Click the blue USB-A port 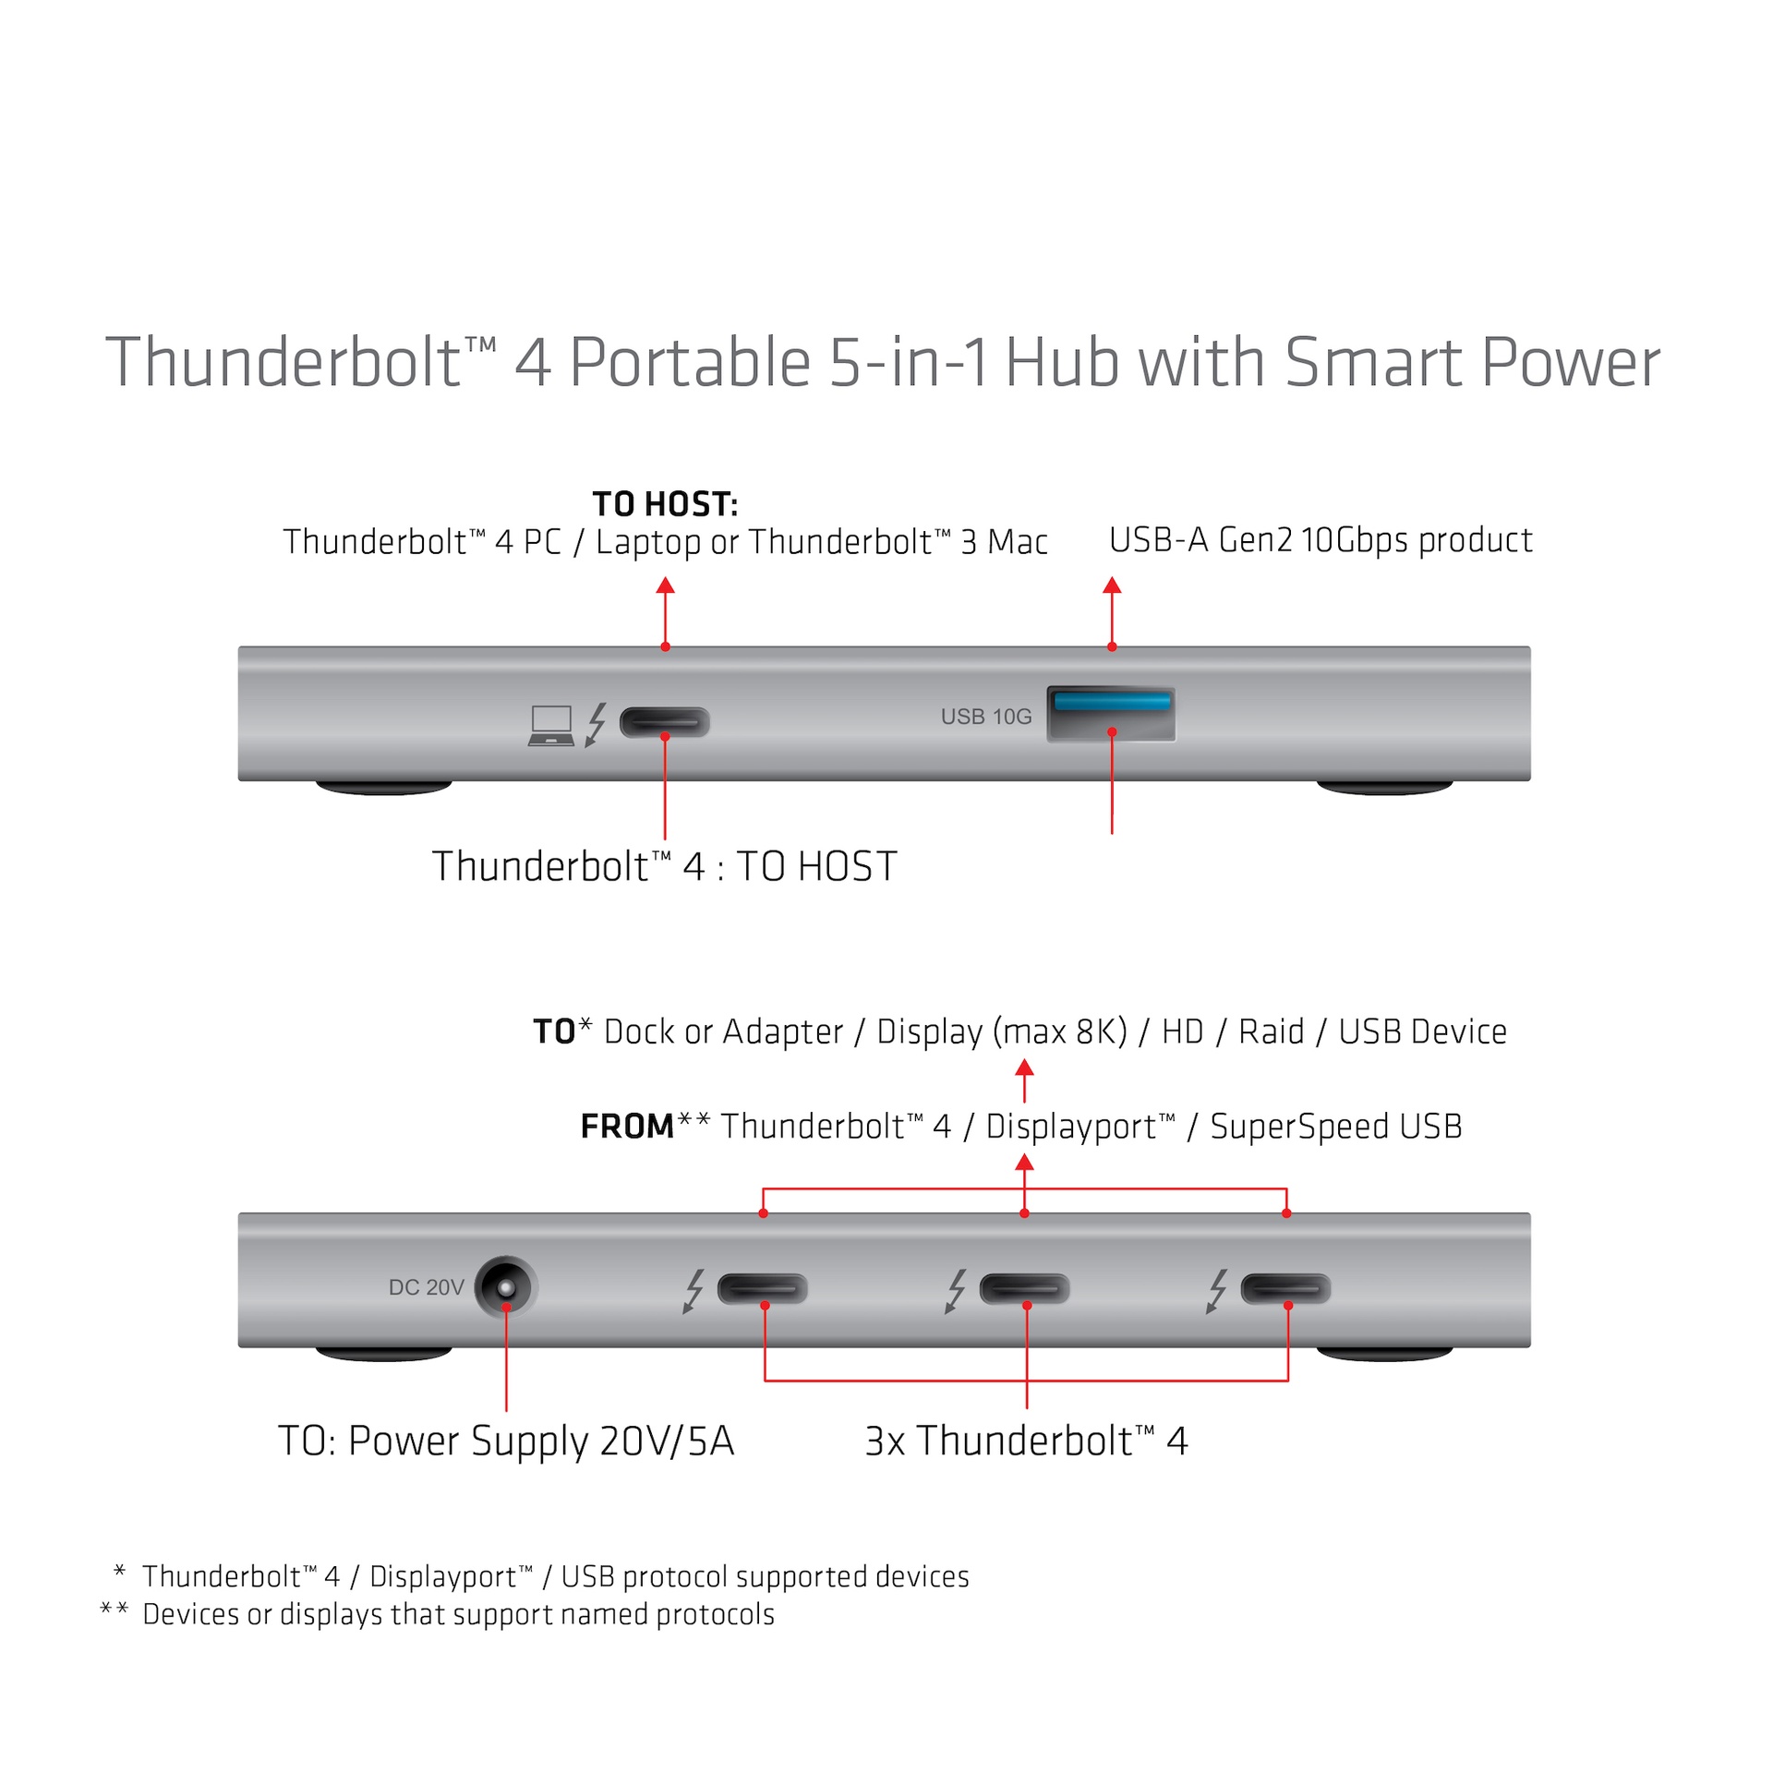(x=1111, y=714)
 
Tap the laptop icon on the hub (x=551, y=725)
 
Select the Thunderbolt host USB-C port (x=664, y=721)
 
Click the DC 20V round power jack (x=506, y=1286)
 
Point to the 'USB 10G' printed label (x=985, y=717)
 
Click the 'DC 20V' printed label (x=426, y=1287)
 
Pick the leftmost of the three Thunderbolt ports (x=762, y=1288)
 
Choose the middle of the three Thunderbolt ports (x=1024, y=1288)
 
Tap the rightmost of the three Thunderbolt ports (x=1285, y=1288)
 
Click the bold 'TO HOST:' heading (x=665, y=504)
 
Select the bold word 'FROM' (x=627, y=1127)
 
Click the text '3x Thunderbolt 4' (x=1025, y=1441)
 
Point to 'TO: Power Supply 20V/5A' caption (x=506, y=1441)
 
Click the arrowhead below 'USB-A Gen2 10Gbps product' (x=1112, y=585)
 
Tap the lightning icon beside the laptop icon (x=597, y=724)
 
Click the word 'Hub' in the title (x=1061, y=362)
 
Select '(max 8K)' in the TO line (x=1060, y=1031)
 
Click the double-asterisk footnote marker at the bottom (x=114, y=1610)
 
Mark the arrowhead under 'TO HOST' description (x=665, y=585)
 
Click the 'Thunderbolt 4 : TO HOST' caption (x=664, y=866)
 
